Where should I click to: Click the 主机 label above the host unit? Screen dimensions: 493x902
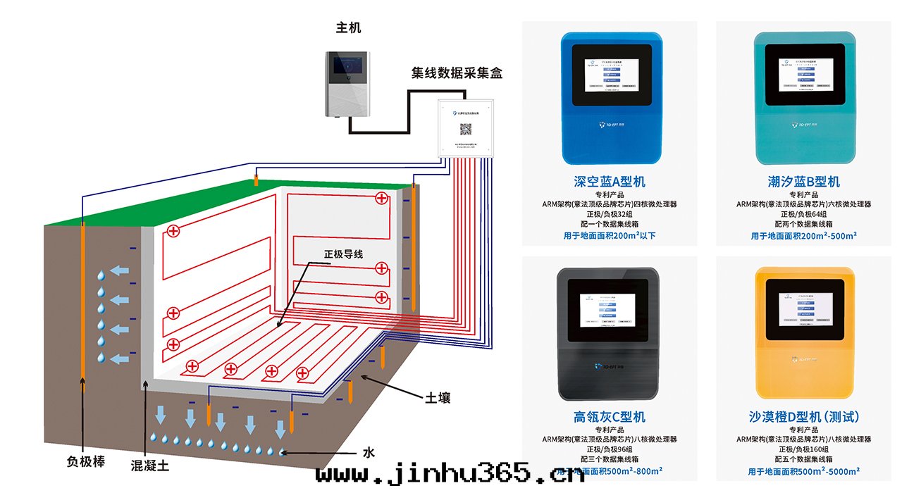(348, 28)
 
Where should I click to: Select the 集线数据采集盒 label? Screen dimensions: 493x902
(457, 73)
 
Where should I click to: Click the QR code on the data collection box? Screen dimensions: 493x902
(466, 129)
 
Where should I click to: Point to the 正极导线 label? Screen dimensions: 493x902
(343, 254)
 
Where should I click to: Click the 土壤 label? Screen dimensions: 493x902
(437, 398)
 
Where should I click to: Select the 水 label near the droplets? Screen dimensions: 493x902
(368, 452)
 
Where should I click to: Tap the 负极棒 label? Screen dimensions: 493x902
(86, 462)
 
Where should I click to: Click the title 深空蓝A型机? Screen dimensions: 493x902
(610, 182)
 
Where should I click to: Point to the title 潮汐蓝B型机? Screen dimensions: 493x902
(804, 182)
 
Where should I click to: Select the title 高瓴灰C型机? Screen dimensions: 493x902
(610, 417)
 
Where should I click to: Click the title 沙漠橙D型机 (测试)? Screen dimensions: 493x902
(804, 417)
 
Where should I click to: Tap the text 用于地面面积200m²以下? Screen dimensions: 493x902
(610, 236)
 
